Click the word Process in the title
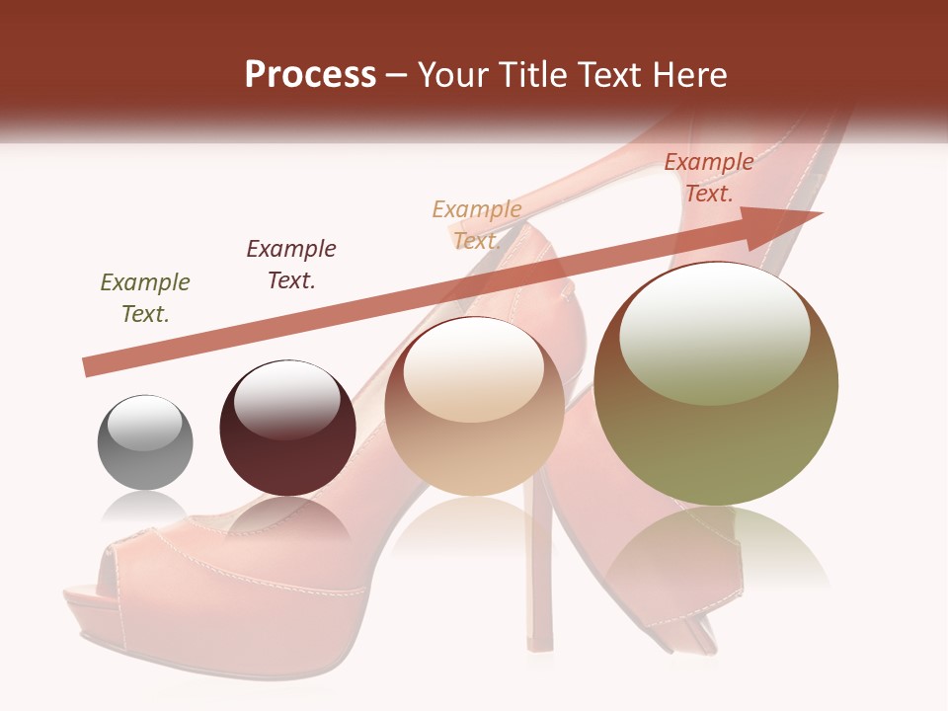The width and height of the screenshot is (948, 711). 310,75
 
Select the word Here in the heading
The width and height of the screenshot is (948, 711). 689,75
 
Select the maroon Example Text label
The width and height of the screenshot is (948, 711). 291,265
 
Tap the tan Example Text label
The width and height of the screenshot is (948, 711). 477,224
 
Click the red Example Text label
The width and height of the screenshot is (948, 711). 708,178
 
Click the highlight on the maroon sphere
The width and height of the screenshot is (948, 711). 286,399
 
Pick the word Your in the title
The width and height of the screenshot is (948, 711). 452,75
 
